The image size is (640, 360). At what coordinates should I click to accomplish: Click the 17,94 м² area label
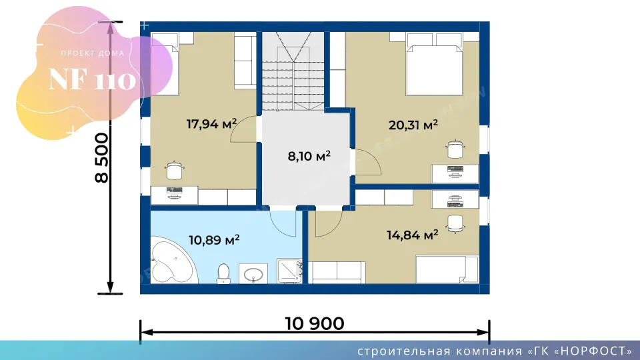tap(211, 124)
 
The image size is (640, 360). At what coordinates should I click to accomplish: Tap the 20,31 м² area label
tap(413, 125)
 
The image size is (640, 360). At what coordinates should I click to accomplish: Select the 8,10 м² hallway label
tap(309, 156)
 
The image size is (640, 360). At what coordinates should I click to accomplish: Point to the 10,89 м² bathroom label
tap(214, 239)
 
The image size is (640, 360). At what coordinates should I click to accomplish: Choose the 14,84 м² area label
tap(412, 235)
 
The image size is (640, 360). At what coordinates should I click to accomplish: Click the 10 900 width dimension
tap(314, 324)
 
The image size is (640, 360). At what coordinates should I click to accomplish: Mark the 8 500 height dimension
tap(101, 158)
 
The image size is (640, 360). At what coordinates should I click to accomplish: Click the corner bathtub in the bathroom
tap(174, 260)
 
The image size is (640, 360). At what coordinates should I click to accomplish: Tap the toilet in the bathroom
tap(223, 273)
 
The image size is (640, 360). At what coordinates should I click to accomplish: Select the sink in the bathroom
tap(253, 273)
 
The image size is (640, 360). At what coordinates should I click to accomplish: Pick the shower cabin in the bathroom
tap(289, 271)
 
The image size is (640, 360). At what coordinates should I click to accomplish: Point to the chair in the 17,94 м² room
tap(174, 170)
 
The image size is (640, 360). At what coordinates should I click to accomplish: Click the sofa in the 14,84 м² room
tap(337, 272)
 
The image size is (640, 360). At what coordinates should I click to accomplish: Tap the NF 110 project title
tap(92, 79)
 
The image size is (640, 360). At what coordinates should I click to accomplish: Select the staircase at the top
tap(293, 72)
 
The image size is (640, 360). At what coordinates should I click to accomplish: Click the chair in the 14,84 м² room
tap(455, 223)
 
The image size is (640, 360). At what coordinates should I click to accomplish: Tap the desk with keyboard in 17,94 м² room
tap(174, 195)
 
